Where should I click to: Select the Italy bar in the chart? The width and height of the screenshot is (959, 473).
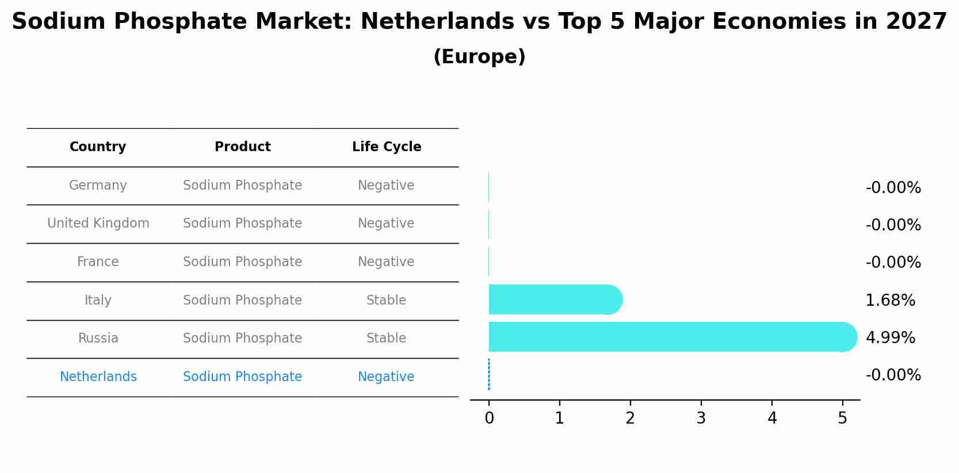coord(555,299)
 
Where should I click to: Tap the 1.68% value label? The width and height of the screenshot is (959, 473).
coord(890,300)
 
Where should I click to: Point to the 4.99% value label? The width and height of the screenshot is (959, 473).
coord(890,337)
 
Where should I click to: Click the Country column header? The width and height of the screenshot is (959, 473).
coord(98,147)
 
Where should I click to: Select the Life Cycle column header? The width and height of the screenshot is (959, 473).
coord(387,147)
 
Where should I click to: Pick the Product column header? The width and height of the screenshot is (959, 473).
coord(242,147)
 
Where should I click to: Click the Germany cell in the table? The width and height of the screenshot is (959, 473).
coord(98,186)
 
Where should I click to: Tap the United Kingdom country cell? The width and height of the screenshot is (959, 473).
coord(98,224)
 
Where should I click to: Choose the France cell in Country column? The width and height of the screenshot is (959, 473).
coord(98,262)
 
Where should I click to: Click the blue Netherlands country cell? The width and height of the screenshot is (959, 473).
coord(98,377)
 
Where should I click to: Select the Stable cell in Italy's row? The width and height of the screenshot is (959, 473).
coord(386,301)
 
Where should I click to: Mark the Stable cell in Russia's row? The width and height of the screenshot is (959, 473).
coord(386,339)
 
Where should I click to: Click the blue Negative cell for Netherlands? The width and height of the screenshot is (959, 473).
coord(386,377)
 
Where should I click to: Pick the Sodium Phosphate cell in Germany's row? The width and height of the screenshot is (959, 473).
coord(242,186)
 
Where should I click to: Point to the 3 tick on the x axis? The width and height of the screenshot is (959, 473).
coord(701,418)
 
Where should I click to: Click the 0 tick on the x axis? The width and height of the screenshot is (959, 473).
coord(489,418)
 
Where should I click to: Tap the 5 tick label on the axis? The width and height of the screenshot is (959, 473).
coord(842,418)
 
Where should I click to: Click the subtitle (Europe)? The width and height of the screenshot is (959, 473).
coord(479,57)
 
